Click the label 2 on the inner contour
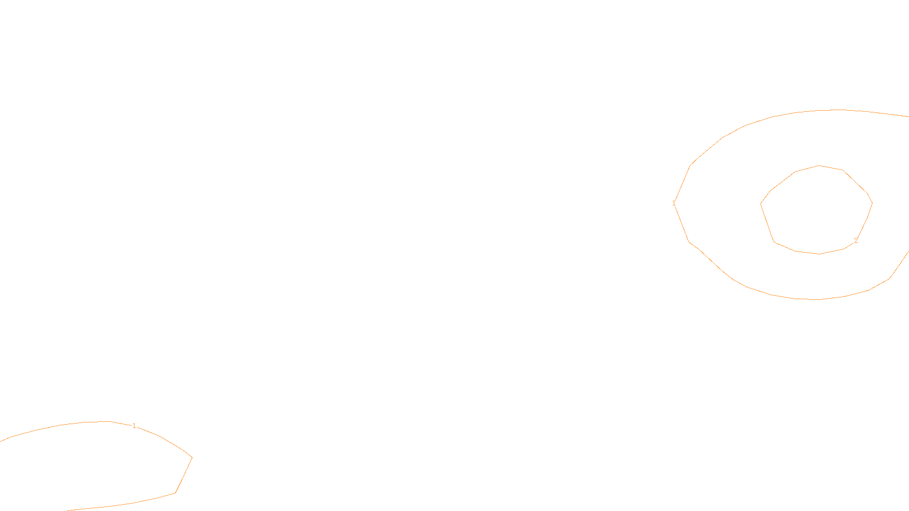point(856,241)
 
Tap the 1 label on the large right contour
point(674,203)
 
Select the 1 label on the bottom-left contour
point(134,426)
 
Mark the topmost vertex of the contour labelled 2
point(819,166)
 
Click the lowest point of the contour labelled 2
point(819,254)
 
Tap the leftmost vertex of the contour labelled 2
point(761,203)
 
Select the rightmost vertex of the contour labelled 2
point(872,203)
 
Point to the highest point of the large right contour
point(839,110)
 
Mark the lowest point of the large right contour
point(817,299)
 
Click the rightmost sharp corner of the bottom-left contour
point(192,457)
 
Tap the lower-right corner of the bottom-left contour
point(175,493)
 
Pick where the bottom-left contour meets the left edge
point(1,441)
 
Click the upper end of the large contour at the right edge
point(908,116)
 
